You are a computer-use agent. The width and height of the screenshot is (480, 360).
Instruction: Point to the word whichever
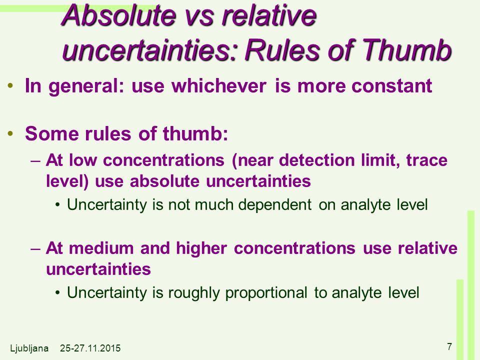pyautogui.click(x=218, y=85)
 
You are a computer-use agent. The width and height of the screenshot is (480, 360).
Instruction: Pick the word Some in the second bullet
pyautogui.click(x=52, y=133)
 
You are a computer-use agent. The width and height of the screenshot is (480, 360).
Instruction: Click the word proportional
pyautogui.click(x=266, y=293)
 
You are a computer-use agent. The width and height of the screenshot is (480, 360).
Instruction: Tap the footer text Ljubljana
pyautogui.click(x=29, y=348)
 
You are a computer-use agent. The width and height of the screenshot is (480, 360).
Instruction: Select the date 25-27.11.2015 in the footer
pyautogui.click(x=90, y=348)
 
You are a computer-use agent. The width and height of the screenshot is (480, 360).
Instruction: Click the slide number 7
pyautogui.click(x=449, y=346)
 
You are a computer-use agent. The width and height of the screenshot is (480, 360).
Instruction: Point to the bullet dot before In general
pyautogui.click(x=10, y=85)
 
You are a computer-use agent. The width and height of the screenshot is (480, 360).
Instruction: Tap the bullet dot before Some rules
pyautogui.click(x=10, y=134)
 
